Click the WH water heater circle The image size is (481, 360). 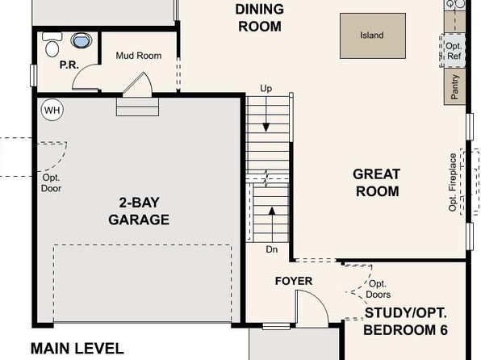point(52,110)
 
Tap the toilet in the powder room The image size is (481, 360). point(52,44)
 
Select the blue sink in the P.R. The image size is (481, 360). point(81,40)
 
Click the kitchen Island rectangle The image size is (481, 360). point(373,36)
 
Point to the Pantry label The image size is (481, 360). point(454,87)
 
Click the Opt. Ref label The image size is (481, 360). point(454,51)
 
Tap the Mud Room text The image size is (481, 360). point(139,56)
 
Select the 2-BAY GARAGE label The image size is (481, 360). point(139,211)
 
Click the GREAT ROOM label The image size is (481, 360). point(377,182)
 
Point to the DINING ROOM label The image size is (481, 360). point(260,18)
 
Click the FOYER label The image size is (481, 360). point(294,281)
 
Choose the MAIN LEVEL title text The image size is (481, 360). point(77,349)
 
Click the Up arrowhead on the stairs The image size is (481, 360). point(266,127)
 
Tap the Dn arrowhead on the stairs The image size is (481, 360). point(272,211)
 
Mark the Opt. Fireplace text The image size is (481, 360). point(453,182)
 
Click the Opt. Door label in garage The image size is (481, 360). point(51,183)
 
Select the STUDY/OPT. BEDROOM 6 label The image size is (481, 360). point(405,321)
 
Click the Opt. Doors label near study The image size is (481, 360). point(379,289)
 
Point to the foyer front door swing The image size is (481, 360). point(312,306)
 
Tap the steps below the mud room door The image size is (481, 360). point(137,107)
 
